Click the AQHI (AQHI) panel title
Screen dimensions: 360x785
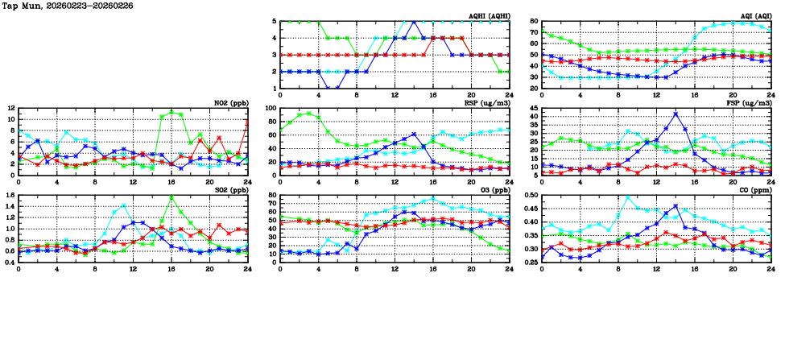(x=488, y=16)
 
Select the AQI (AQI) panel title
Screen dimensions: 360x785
(x=754, y=16)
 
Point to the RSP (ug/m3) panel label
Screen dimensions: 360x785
(x=486, y=103)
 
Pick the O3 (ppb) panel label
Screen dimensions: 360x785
(x=492, y=190)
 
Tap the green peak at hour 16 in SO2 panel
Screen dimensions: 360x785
(x=171, y=197)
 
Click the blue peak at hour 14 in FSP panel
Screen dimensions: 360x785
(x=676, y=114)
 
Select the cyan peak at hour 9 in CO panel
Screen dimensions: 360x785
(x=628, y=197)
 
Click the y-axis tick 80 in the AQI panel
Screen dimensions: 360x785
(x=532, y=22)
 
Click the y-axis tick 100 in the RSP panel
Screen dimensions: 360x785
(x=270, y=108)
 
